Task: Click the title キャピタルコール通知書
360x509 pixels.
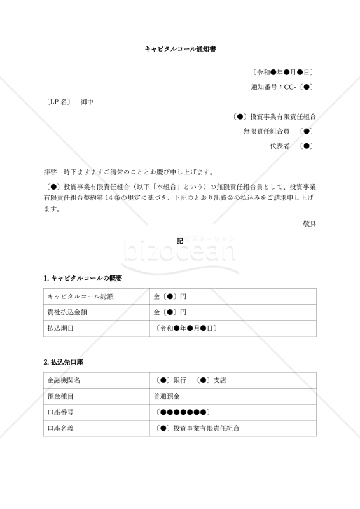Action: pos(180,48)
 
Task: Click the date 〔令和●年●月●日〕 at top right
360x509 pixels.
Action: pos(282,73)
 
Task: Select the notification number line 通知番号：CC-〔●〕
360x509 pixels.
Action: pos(281,87)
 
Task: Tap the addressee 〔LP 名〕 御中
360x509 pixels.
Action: pos(69,102)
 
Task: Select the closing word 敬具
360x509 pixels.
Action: pos(309,223)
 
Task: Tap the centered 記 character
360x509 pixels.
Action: pos(180,241)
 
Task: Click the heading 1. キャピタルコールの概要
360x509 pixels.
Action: pos(83,278)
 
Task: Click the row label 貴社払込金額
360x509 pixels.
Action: pos(66,312)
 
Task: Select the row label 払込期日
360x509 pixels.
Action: pos(60,328)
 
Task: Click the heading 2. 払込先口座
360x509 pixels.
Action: pos(64,362)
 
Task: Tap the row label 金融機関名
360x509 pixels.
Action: pos(64,380)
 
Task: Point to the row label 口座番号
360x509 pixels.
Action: pos(60,412)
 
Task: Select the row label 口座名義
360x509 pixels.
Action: pos(60,429)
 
